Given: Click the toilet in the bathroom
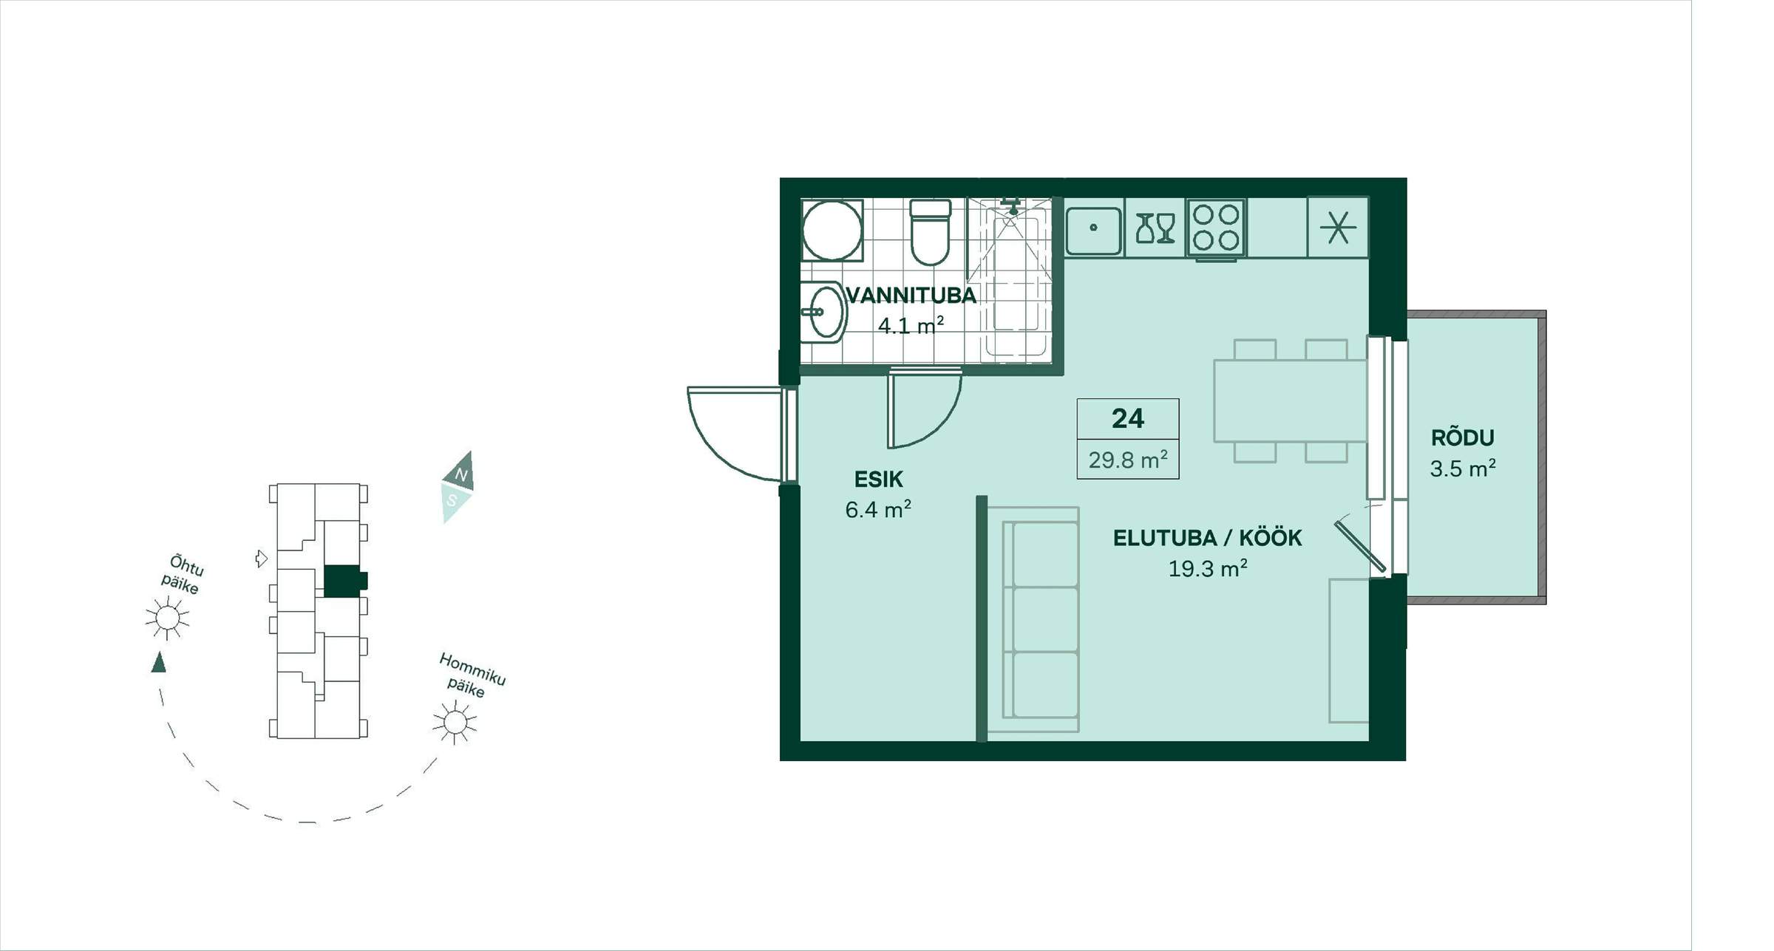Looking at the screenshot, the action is [930, 232].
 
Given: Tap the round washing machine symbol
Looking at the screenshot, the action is [832, 230].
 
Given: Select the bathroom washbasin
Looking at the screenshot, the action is [823, 312].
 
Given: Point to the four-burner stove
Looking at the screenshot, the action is [1216, 228].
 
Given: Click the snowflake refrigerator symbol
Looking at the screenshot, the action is [1338, 227].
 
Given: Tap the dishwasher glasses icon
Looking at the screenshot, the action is [1155, 228].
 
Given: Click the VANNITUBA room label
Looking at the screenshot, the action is [911, 296].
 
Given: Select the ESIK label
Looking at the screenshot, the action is [878, 480].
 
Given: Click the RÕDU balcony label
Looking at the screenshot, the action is [1462, 437].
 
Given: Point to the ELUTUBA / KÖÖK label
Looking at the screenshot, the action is [1207, 538].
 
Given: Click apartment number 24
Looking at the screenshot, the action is [1128, 419].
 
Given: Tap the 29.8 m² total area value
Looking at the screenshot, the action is [1128, 460].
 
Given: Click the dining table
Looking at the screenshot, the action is [1291, 400].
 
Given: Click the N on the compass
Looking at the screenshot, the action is [461, 474].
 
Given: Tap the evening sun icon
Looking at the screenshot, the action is [167, 617].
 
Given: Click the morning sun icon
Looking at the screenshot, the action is [455, 722].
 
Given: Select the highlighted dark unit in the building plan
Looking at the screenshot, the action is [345, 581].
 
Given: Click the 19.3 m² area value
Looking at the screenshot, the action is [1208, 568].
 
